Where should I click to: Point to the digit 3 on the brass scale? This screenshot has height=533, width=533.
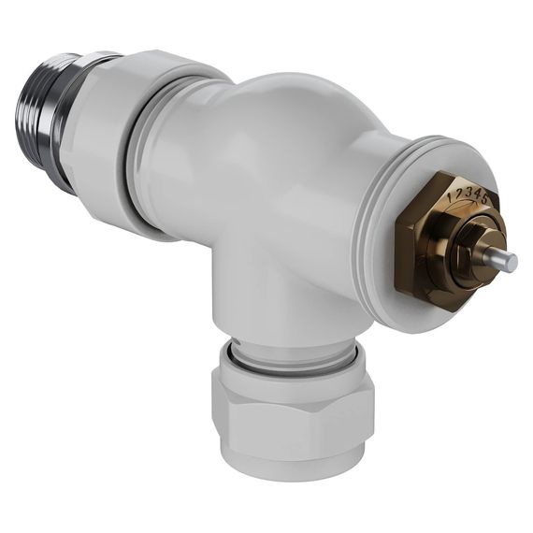pos(467,193)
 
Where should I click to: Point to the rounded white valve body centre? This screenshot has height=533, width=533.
pos(271,168)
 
